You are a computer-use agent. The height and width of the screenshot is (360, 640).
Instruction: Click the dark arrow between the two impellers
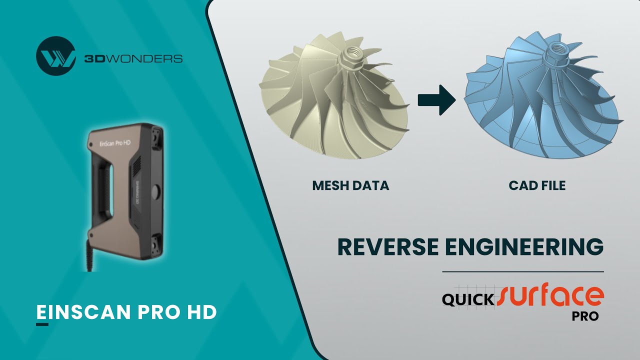(x=436, y=99)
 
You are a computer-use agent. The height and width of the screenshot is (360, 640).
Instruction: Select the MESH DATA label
(x=350, y=185)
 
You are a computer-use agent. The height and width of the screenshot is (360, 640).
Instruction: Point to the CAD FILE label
(x=537, y=185)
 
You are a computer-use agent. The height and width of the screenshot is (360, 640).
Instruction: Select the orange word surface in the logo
(x=550, y=296)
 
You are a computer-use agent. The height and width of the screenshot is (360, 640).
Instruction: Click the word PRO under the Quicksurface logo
(x=585, y=316)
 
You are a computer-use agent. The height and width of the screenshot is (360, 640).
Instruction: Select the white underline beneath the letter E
(x=42, y=324)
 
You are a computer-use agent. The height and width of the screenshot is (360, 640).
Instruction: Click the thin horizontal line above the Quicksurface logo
(x=522, y=271)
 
